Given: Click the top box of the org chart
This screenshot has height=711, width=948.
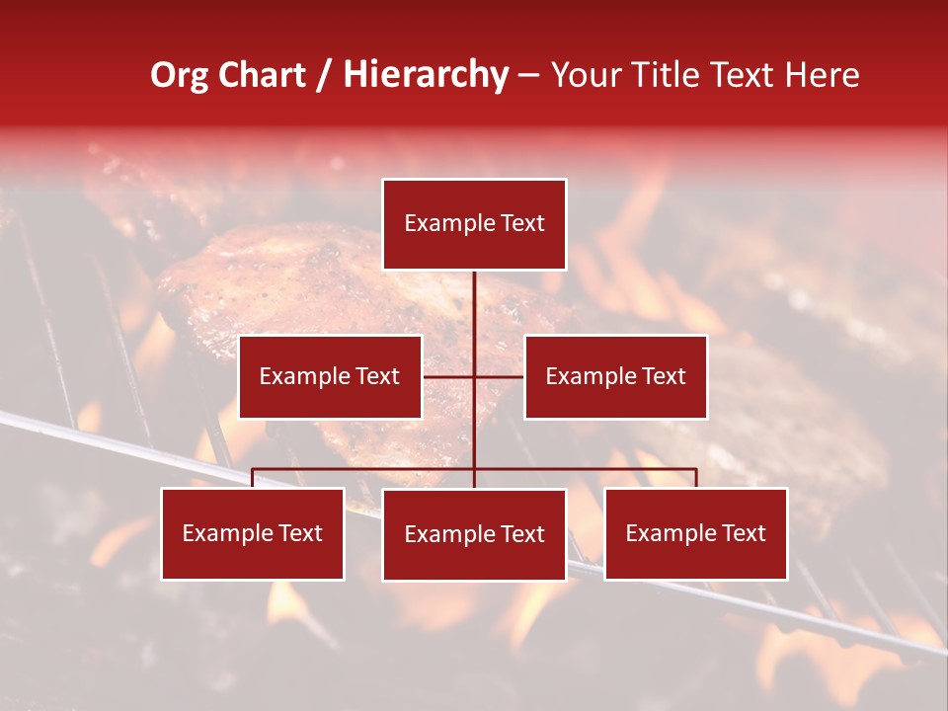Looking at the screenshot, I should (474, 224).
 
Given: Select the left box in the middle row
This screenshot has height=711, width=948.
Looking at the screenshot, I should (330, 376).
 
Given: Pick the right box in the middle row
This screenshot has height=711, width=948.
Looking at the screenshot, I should (615, 376).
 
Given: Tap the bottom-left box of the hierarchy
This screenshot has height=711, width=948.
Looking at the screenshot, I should (253, 533).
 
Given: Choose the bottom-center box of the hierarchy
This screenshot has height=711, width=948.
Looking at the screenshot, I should (474, 534).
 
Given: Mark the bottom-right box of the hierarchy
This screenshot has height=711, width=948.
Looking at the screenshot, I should (695, 533).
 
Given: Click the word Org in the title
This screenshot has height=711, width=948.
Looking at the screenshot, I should (179, 75).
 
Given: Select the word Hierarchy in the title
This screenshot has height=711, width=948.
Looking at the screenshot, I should (426, 75).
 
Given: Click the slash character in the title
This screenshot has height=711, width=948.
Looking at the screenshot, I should (324, 75).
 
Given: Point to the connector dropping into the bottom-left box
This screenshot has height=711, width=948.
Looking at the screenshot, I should (253, 478).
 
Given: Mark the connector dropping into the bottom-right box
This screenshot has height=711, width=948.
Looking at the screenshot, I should (695, 478).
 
